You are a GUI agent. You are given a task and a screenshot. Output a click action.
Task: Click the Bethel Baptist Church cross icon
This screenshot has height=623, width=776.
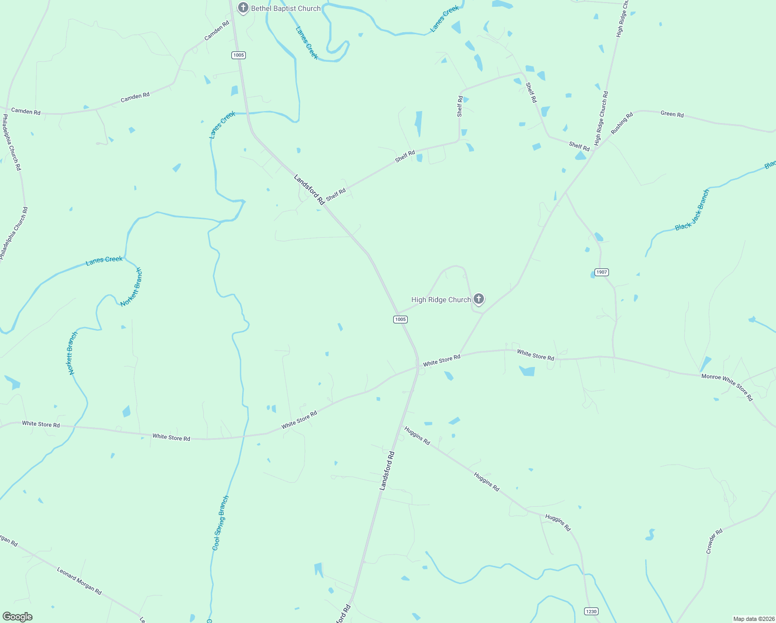[x=243, y=8]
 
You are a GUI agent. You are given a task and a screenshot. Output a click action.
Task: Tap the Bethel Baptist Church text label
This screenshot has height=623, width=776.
[x=286, y=8]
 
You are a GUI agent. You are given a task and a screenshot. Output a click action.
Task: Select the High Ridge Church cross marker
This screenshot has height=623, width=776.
[x=479, y=299]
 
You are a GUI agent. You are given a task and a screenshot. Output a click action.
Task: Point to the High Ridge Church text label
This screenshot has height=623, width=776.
[x=441, y=300]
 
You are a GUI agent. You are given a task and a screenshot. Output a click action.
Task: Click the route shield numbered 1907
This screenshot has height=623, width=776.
[x=601, y=272]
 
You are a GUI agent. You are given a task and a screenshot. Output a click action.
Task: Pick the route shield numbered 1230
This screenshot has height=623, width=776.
[x=591, y=611]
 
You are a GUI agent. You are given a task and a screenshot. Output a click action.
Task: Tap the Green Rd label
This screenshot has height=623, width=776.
[x=672, y=114]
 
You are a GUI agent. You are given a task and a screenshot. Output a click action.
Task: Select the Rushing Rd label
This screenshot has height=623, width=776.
[x=621, y=124]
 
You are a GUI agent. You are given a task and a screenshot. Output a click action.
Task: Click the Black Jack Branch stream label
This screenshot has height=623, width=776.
[x=692, y=210]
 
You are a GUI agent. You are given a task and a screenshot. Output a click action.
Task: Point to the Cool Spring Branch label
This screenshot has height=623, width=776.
[x=220, y=523]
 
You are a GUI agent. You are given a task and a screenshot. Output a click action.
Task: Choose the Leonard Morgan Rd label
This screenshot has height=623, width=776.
[x=79, y=581]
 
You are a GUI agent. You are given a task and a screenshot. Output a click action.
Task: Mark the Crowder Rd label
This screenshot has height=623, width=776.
[x=714, y=541]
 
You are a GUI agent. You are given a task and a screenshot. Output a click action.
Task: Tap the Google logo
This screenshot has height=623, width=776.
[x=17, y=617]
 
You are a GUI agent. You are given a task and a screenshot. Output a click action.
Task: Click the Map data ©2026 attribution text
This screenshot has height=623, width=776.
[x=753, y=619]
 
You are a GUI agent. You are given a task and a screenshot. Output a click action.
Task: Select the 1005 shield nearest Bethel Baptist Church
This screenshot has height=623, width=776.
[x=239, y=55]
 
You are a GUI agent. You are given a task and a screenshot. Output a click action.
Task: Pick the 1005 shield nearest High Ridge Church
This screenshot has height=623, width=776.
[x=400, y=319]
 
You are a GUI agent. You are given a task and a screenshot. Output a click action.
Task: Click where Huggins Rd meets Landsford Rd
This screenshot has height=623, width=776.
[x=403, y=427]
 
